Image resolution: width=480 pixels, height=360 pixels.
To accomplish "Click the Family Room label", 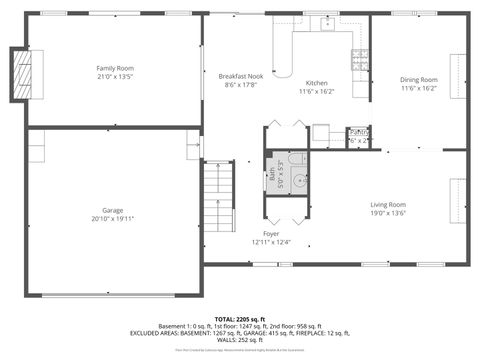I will pyautogui.click(x=116, y=67).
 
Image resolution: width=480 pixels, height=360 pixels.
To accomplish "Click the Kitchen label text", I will pyautogui.click(x=316, y=82).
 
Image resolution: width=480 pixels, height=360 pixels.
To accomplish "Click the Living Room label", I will pyautogui.click(x=389, y=204).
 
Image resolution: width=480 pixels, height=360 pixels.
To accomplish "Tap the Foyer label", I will pyautogui.click(x=270, y=233).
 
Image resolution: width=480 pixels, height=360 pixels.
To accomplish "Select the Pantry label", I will pyautogui.click(x=357, y=133).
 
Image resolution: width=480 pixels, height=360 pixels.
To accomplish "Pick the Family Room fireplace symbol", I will pyautogui.click(x=20, y=74).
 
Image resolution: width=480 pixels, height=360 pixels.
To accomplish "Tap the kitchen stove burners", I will pyautogui.click(x=359, y=59).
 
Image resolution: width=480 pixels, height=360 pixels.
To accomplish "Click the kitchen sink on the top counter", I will pyautogui.click(x=326, y=27).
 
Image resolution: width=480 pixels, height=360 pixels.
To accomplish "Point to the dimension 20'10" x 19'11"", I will pyautogui.click(x=112, y=218).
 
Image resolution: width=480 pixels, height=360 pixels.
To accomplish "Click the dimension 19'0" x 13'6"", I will pyautogui.click(x=389, y=212).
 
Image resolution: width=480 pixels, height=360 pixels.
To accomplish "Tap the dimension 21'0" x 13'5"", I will pyautogui.click(x=116, y=76).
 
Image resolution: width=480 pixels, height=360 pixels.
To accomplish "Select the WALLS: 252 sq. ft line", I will pyautogui.click(x=240, y=340).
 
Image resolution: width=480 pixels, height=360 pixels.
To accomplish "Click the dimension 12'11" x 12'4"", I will pyautogui.click(x=270, y=241).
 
